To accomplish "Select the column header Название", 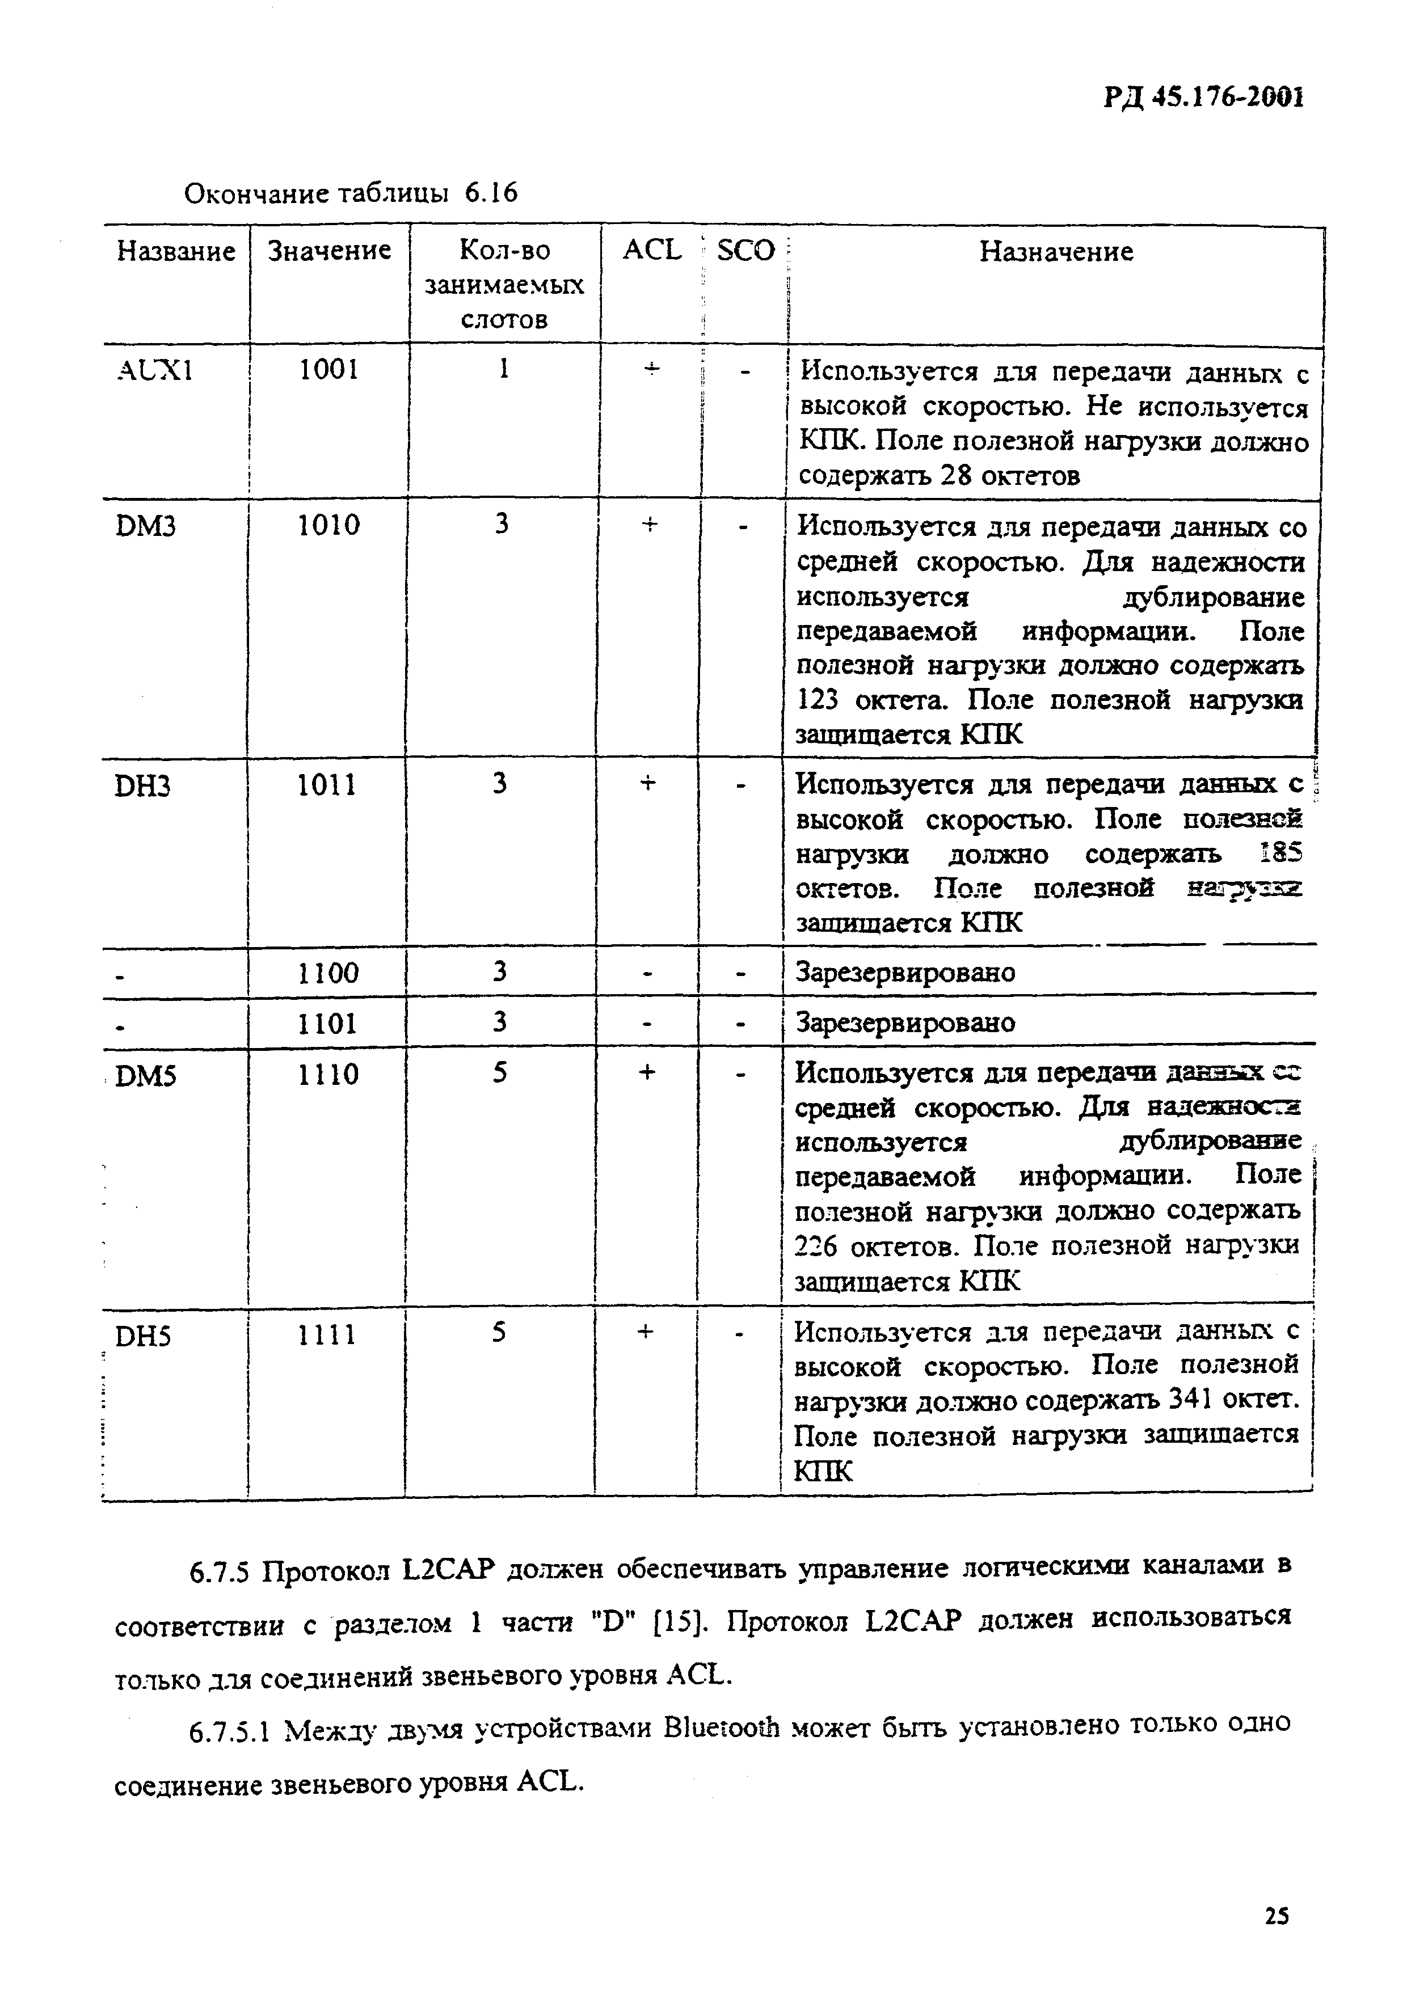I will (x=176, y=251).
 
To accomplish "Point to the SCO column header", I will (x=745, y=251).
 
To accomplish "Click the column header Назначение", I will (x=1056, y=251).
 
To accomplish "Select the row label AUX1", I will (x=154, y=371).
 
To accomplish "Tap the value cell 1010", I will (x=328, y=525).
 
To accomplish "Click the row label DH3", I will (x=142, y=786).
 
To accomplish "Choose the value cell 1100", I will (x=328, y=973).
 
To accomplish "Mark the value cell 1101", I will (x=328, y=1024).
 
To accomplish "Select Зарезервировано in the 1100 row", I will (x=905, y=973).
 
